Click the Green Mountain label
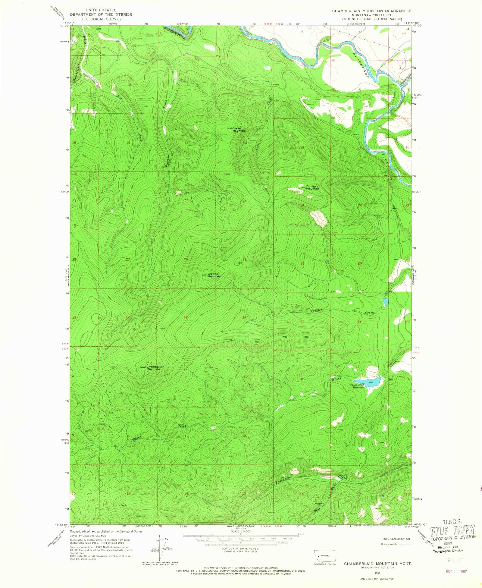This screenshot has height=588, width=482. point(239,130)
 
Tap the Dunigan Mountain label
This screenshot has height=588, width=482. point(312,187)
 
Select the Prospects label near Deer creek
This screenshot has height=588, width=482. point(319,504)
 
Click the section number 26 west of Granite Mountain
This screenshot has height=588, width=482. point(186,259)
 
